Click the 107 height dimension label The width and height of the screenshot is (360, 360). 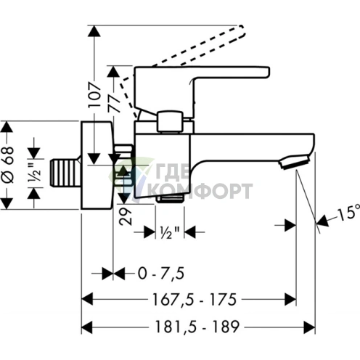click(95, 95)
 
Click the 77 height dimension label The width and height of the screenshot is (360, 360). click(114, 99)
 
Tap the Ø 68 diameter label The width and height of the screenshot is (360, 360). click(8, 165)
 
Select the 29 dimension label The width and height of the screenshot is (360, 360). click(126, 216)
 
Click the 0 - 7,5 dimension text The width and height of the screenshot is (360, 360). click(161, 274)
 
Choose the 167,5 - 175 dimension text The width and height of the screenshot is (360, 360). click(195, 300)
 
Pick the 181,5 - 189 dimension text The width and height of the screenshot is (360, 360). click(197, 327)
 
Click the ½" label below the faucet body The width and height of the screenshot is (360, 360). click(170, 233)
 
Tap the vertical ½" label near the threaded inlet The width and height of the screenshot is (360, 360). click(34, 173)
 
